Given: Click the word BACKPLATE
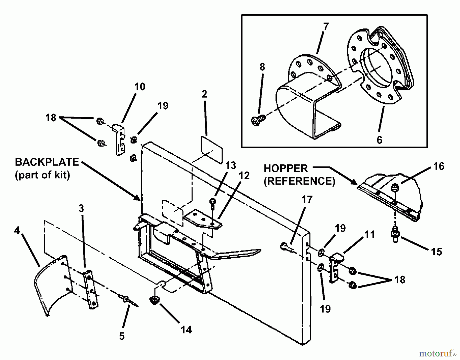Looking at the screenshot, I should coord(47,162).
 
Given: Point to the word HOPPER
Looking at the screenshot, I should coord(285,169).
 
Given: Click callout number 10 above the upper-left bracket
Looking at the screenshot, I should coord(140,87).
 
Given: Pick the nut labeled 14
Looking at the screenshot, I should coord(154,299).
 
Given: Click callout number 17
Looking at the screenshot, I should coord(307,199).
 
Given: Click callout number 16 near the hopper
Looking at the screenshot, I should coord(439,166).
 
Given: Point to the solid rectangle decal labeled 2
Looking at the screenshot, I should coord(212,150).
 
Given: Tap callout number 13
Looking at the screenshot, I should coord(231,165).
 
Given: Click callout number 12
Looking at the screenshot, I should coord(244,176).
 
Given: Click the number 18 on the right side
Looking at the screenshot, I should coord(400,280).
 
